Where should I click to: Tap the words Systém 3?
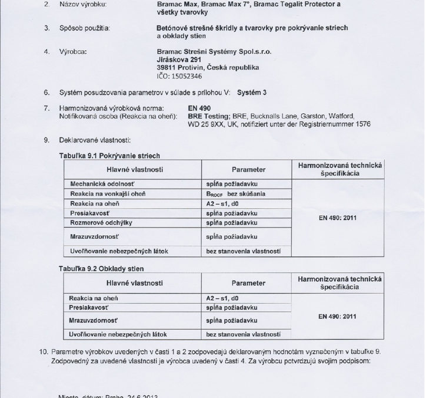[x=252, y=93]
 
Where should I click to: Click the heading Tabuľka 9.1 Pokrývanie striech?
[x=117, y=155]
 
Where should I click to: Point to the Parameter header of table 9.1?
[x=248, y=170]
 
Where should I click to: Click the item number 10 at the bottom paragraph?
[x=43, y=351]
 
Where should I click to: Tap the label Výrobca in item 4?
[x=74, y=51]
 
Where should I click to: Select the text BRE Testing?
[x=167, y=116]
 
